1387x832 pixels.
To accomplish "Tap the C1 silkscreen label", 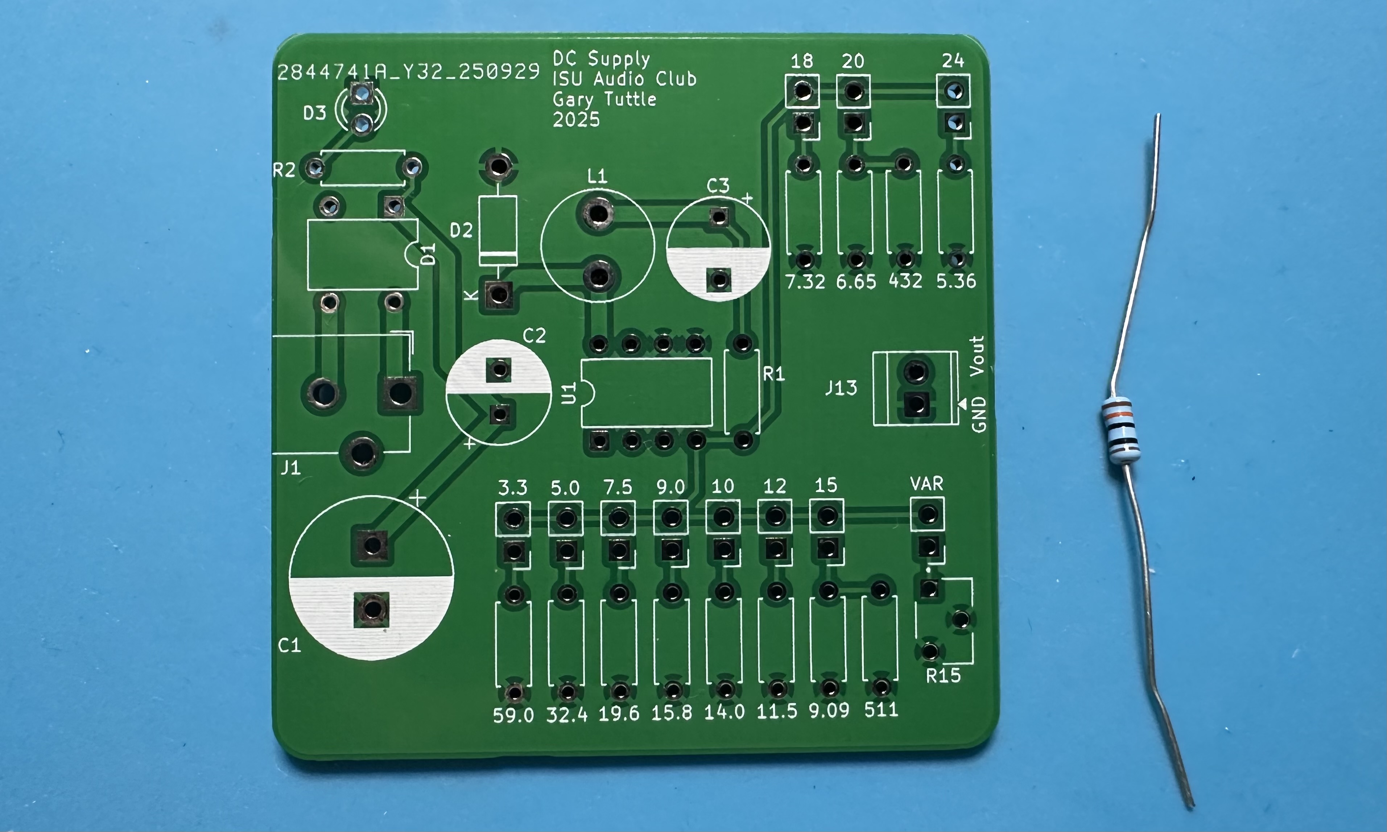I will (289, 646).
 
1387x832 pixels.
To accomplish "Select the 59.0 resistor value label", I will (513, 715).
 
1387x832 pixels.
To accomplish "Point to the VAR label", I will (926, 483).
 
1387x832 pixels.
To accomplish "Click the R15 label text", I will (943, 676).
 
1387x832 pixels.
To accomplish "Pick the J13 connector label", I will (841, 388).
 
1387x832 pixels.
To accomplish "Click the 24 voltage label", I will (953, 61).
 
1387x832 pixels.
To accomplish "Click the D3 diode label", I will (314, 113).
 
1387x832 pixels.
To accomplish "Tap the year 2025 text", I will (576, 119).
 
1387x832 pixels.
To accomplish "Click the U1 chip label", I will (569, 393).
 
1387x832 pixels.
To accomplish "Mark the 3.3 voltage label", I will (512, 488).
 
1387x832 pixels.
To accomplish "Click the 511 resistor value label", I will (881, 710).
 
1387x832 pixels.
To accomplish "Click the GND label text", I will (978, 414).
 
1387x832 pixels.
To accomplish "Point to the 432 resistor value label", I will (905, 280).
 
